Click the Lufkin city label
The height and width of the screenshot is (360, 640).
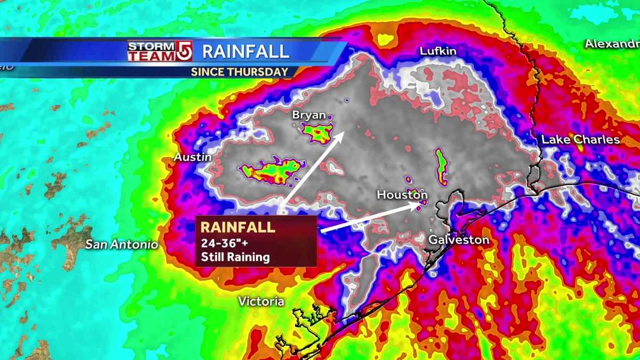pyautogui.click(x=438, y=51)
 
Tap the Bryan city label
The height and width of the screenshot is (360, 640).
pyautogui.click(x=308, y=115)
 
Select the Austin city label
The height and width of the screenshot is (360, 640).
pyautogui.click(x=193, y=157)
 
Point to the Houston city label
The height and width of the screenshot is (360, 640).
pyautogui.click(x=402, y=195)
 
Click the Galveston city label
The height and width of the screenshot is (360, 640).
pyautogui.click(x=459, y=240)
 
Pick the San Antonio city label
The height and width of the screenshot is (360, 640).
pyautogui.click(x=122, y=245)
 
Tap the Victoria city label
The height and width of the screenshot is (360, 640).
pyautogui.click(x=261, y=301)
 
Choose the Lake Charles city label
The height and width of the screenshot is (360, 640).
pyautogui.click(x=580, y=140)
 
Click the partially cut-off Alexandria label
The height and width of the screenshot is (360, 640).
pyautogui.click(x=612, y=44)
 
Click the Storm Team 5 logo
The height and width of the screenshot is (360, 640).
pyautogui.click(x=159, y=51)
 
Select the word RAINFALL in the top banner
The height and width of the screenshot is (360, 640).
pyautogui.click(x=245, y=51)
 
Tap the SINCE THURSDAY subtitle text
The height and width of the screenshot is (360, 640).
pyautogui.click(x=239, y=71)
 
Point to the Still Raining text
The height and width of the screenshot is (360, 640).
pyautogui.click(x=235, y=258)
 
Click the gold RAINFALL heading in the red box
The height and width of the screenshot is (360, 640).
pyautogui.click(x=237, y=227)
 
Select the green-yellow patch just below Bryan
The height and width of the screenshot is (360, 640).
pyautogui.click(x=318, y=133)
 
